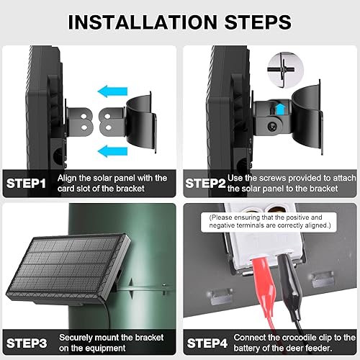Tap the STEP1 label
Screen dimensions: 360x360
tap(27, 184)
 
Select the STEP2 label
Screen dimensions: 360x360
tap(206, 184)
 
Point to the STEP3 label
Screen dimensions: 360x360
tap(27, 342)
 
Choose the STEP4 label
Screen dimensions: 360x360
tap(206, 342)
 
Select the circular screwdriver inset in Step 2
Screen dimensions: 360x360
tap(281, 69)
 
